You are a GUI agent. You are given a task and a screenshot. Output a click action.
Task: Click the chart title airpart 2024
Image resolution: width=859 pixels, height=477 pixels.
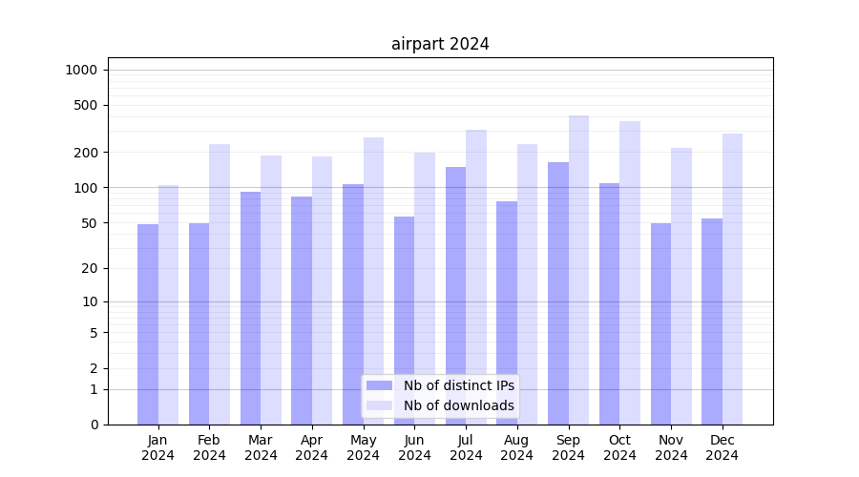coord(440,44)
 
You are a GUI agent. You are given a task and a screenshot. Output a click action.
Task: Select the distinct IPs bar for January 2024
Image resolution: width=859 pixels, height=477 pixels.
coord(148,324)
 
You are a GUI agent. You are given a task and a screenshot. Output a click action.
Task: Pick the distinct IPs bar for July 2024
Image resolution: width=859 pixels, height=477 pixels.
coord(455,296)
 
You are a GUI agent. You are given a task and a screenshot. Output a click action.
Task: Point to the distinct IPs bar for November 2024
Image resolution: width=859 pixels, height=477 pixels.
coord(660,324)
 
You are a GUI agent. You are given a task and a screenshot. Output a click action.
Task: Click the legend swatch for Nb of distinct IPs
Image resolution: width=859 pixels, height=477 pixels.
coord(379,385)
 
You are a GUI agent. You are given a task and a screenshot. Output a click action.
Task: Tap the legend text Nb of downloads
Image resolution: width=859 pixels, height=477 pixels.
coord(458,405)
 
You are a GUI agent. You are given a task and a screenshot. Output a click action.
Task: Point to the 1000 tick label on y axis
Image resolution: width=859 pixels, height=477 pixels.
coord(81,70)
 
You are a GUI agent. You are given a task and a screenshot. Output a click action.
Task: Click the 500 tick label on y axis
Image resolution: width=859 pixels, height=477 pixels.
coord(87,105)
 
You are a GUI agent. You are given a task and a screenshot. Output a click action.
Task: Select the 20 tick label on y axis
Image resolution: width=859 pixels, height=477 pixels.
coord(90,268)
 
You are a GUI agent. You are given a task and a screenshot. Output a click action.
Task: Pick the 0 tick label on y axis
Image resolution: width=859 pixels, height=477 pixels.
coord(94,425)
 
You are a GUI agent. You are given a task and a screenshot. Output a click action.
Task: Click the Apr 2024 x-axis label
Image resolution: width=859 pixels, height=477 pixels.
coord(312,447)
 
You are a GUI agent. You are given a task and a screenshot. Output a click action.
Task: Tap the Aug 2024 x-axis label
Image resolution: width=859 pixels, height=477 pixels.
coord(517,447)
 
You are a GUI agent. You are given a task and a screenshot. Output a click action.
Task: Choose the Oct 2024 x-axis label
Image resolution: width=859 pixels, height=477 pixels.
coord(619,447)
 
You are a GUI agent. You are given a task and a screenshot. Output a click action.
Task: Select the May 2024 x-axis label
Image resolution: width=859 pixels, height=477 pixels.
coord(363,447)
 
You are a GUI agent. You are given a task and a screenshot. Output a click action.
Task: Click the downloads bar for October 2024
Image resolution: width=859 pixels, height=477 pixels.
coord(630,273)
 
